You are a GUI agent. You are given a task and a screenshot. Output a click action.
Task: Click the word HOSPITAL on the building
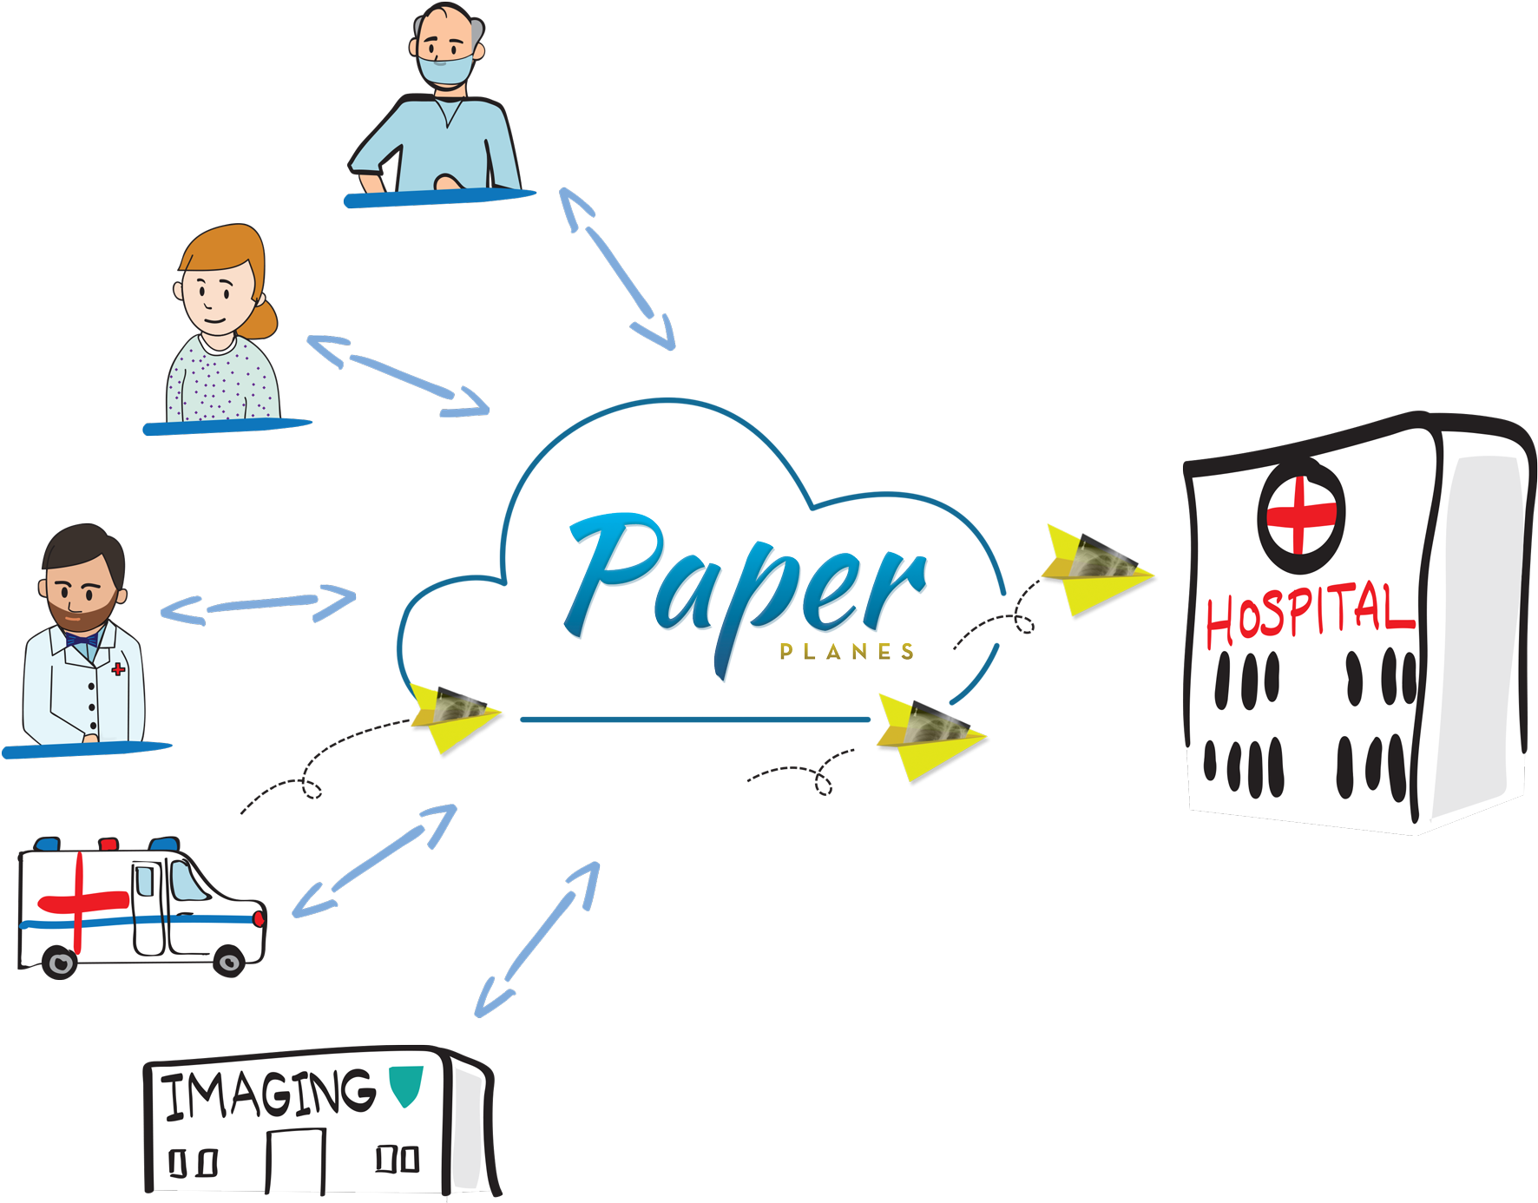1309,612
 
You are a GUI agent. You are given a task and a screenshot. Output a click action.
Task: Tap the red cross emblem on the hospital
1300,515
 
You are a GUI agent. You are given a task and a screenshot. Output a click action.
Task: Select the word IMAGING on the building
269,1094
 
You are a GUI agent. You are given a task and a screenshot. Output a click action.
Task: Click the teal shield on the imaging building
405,1085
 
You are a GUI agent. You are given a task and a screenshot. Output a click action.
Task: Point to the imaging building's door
295,1160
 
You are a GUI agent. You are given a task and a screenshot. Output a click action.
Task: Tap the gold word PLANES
846,651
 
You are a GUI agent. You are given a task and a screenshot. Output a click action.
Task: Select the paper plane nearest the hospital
1095,569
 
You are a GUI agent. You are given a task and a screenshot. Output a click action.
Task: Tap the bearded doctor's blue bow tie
81,640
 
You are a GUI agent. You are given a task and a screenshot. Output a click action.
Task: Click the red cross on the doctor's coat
118,669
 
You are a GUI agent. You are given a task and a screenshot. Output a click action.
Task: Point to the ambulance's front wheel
229,961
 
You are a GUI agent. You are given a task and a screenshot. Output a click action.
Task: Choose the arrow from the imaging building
537,939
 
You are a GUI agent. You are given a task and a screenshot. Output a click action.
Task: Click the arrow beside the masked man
616,269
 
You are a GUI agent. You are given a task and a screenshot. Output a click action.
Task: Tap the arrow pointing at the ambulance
374,860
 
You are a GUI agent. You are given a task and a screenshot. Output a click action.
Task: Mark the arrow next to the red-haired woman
398,375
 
